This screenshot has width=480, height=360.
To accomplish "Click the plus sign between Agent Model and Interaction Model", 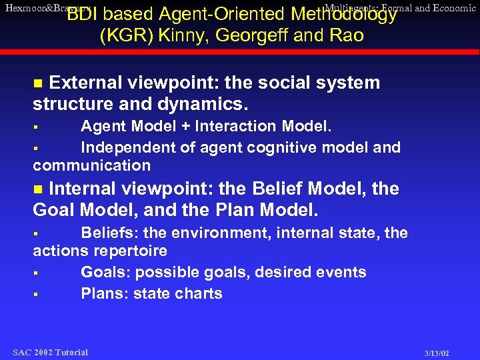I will tap(184, 127).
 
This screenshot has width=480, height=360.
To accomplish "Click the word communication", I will tap(92, 165).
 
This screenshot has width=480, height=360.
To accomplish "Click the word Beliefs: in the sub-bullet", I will tap(110, 233).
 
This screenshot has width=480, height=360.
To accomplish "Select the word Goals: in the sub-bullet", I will tap(107, 272).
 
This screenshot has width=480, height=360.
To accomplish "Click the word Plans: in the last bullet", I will tap(105, 293).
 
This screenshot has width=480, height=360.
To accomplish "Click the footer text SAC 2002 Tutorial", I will tap(50, 352).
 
